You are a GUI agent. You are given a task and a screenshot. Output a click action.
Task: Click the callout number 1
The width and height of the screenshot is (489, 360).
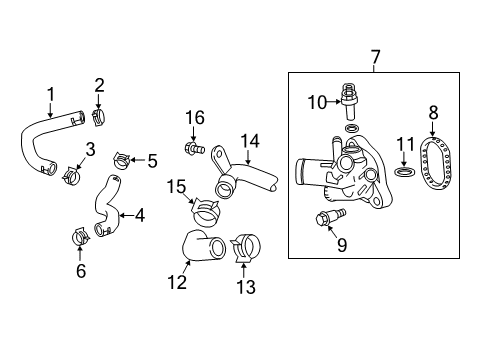point(51,94)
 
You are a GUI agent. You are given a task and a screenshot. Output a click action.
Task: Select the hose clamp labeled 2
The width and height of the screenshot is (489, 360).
point(100,119)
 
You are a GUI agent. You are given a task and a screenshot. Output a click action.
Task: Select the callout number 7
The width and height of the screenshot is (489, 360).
point(376,58)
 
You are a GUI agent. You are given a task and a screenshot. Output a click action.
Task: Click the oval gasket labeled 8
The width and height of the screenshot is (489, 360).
point(435,163)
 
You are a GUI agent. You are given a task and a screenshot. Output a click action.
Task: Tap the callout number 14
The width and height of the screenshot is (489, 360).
point(250,141)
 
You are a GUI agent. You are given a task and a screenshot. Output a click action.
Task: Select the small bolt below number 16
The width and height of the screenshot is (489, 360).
point(192,149)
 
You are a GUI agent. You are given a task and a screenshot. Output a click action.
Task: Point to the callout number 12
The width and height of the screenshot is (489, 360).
point(177,284)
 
